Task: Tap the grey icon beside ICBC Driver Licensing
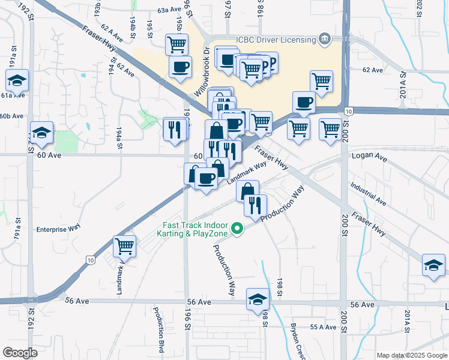(x=325, y=40)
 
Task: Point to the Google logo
(x=20, y=352)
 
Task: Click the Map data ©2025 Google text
(x=412, y=355)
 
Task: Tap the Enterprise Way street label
(x=58, y=228)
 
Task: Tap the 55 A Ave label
(x=323, y=327)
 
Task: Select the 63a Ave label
(x=169, y=10)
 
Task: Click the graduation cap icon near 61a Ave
(x=17, y=80)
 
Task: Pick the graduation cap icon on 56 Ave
(x=258, y=299)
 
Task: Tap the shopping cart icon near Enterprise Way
(x=124, y=247)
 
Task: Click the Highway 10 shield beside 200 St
(x=348, y=111)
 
